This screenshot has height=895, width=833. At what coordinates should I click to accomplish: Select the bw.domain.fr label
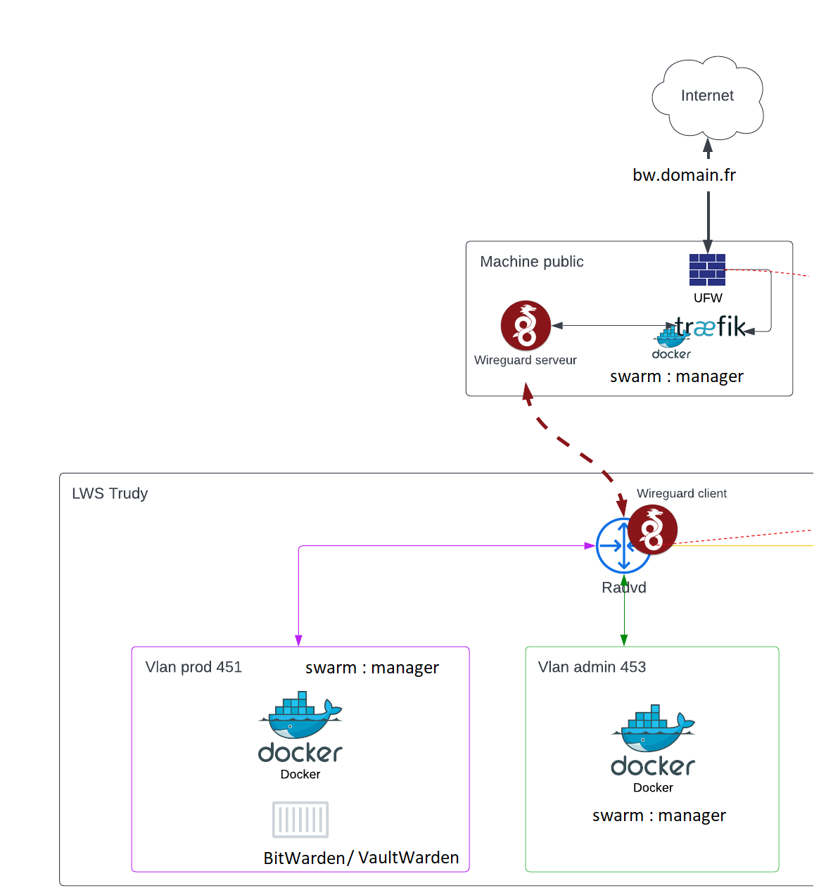pos(684,175)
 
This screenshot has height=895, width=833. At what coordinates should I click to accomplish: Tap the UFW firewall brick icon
pos(707,269)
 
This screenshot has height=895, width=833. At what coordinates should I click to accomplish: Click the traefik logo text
pos(711,327)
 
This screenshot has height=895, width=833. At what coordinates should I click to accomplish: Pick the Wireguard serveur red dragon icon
pos(526,326)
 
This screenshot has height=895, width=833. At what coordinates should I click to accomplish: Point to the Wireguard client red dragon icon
pos(653,530)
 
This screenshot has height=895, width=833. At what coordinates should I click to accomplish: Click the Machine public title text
pos(532,262)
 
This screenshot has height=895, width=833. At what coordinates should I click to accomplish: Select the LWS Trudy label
pos(110,493)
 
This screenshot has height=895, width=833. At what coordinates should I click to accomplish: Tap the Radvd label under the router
pos(624,588)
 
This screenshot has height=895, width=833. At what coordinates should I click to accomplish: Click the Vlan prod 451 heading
pos(193,667)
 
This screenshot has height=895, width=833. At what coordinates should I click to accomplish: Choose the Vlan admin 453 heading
pos(592,667)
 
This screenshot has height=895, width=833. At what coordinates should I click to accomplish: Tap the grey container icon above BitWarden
pos(300,820)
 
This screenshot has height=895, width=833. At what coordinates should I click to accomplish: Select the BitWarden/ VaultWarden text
pos(361,858)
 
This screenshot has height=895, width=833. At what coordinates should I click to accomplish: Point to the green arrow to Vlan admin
pos(624,612)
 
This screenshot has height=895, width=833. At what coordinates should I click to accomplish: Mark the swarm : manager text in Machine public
pos(676,376)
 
